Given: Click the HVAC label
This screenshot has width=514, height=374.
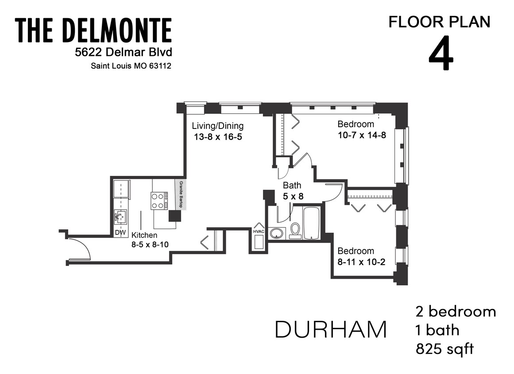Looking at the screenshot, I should pos(259,231).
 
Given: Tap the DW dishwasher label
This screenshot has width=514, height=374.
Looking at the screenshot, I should pos(119,232).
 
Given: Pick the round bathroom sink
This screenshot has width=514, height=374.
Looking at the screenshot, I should pos(278,233).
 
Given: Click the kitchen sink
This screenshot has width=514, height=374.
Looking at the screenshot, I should pos(120,217).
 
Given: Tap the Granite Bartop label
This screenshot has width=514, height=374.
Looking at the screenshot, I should pos(180,195).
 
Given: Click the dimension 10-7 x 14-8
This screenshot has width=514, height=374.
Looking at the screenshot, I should pos(362,135).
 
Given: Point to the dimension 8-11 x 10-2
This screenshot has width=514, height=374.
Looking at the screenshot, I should pos(361,262).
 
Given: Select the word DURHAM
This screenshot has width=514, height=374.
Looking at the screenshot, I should pos(331,329).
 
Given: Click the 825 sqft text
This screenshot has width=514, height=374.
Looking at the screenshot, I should pos(444,349).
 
